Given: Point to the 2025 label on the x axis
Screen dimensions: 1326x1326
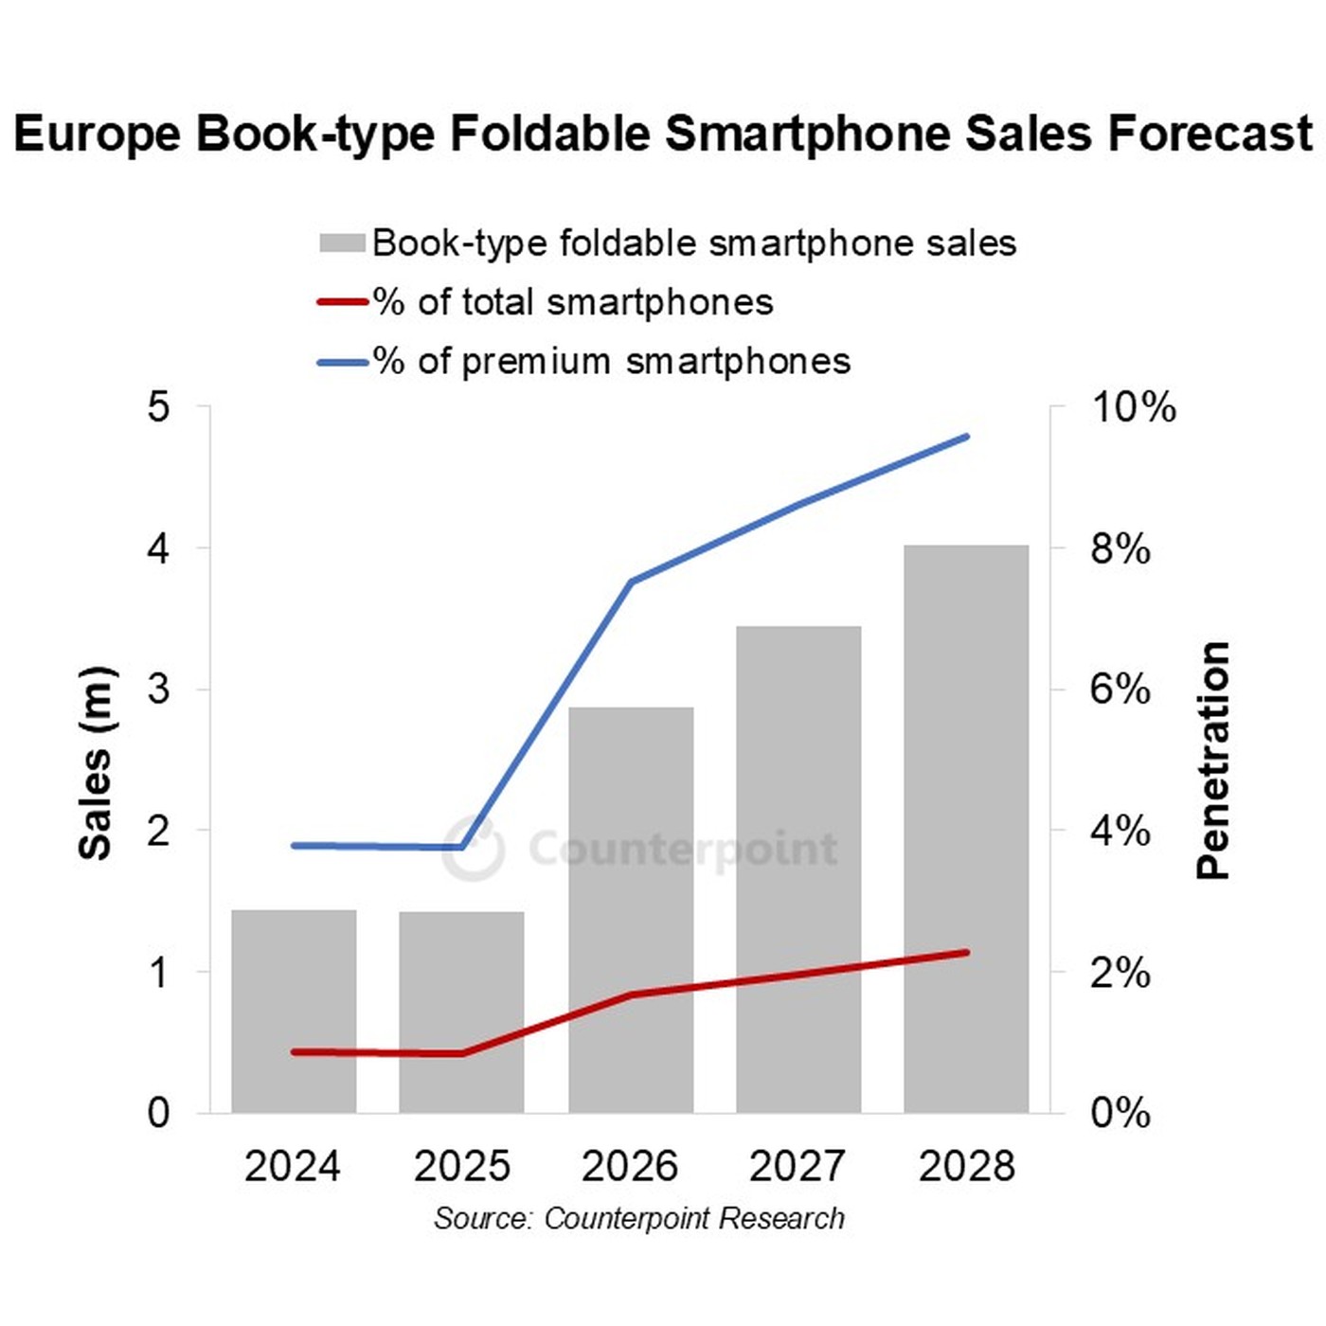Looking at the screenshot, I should point(461,1166).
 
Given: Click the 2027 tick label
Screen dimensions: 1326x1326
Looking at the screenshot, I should point(797,1166).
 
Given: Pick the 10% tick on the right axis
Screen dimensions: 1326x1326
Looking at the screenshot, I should point(1134,407).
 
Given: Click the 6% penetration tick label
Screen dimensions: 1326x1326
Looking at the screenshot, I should point(1120,689).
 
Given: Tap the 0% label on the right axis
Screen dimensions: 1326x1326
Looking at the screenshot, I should point(1120,1112).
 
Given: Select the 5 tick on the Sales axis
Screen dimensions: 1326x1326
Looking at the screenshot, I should point(158,407).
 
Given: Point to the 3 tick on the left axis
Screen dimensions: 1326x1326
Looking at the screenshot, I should point(158,689).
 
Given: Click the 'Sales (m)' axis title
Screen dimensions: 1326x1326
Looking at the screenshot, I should point(95,763).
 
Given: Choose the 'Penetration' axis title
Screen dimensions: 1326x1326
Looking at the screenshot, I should point(1213,761).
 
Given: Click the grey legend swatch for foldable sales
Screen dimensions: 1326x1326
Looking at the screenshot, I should point(342,243).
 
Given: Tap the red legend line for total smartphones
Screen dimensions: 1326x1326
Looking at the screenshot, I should point(342,302).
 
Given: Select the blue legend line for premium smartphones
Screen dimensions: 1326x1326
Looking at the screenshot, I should point(342,362).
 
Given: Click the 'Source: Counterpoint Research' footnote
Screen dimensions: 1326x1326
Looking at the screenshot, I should point(639,1218).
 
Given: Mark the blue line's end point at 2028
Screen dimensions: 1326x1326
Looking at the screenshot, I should point(966,437).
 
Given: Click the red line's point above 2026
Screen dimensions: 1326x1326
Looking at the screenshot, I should point(631,994).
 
